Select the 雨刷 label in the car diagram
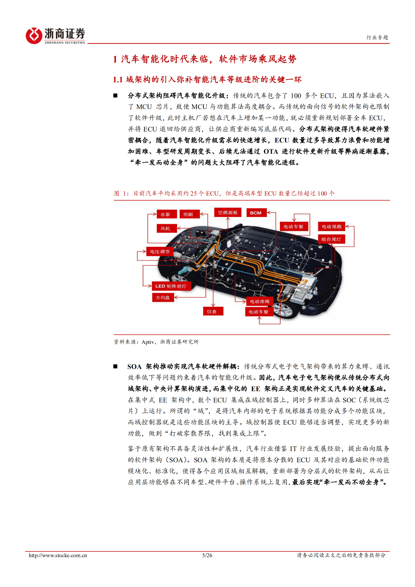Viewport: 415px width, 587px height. (190, 214)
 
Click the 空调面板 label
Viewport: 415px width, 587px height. (228, 212)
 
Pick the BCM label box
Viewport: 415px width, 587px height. (256, 213)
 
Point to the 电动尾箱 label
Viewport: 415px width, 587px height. (331, 226)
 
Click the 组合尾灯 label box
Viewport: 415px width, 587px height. (331, 239)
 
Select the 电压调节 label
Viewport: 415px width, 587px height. (160, 252)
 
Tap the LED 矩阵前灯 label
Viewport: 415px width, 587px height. (171, 286)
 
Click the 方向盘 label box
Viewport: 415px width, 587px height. (163, 298)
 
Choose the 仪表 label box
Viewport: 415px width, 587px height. (213, 311)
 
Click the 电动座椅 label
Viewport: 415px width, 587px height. (259, 301)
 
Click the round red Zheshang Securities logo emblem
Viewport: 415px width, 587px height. (34, 36)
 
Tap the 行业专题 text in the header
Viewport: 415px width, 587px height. (377, 37)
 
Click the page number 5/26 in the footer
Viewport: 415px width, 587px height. (207, 555)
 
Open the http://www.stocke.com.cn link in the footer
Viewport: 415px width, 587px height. (58, 555)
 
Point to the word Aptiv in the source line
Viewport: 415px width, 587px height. (148, 342)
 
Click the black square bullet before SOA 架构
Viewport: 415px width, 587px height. (115, 366)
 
